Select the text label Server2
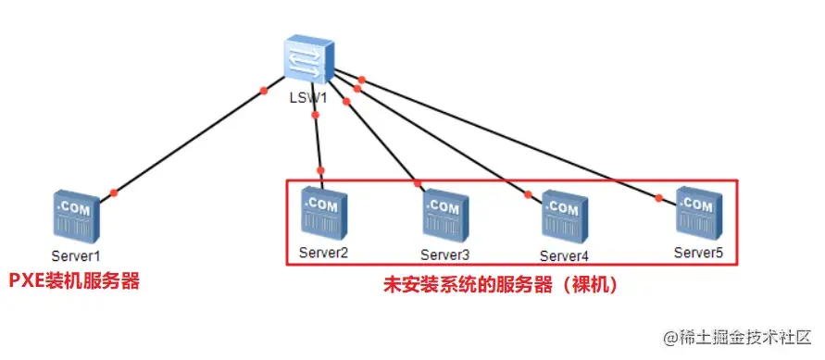point(323,253)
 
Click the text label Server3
point(445,254)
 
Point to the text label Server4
point(564,254)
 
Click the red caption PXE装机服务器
point(74,280)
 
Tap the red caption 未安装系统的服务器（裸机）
point(500,286)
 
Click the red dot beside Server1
point(114,192)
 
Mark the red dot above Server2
point(321,170)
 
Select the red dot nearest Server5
point(659,197)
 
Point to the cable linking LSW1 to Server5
point(509,139)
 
